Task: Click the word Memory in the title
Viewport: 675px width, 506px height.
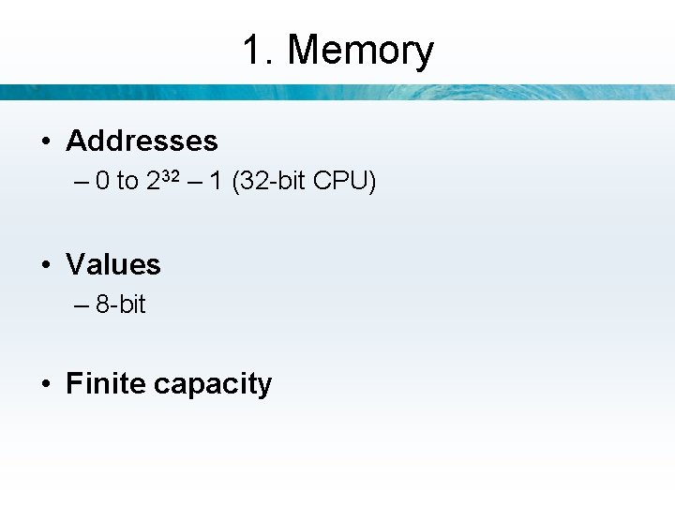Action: pyautogui.click(x=361, y=50)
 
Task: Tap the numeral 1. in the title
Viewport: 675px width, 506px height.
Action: pyautogui.click(x=258, y=50)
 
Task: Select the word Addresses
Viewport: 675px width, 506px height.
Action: pyautogui.click(x=142, y=141)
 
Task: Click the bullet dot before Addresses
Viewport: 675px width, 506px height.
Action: pyautogui.click(x=45, y=142)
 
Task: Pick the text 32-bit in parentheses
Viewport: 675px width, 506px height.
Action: pyautogui.click(x=275, y=181)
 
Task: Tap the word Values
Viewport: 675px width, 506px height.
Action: pyautogui.click(x=113, y=265)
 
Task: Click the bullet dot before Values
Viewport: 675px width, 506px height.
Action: pyautogui.click(x=45, y=266)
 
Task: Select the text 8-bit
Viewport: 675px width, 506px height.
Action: pyautogui.click(x=121, y=305)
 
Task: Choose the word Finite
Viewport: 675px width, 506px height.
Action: pyautogui.click(x=106, y=384)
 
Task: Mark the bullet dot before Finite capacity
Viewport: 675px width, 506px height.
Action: pyautogui.click(x=45, y=385)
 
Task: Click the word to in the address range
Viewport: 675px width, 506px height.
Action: pyautogui.click(x=127, y=181)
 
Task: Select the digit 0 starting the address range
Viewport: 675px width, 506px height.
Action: pyautogui.click(x=102, y=181)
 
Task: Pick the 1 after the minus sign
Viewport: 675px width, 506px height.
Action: pyautogui.click(x=217, y=181)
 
